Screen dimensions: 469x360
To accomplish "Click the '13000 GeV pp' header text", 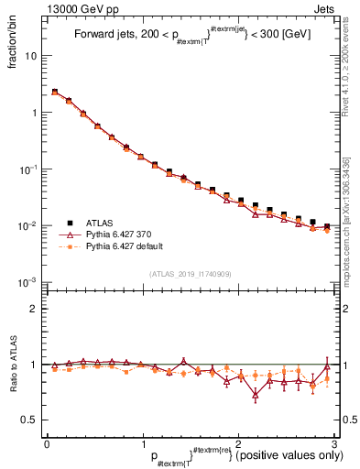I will tap(45, 7).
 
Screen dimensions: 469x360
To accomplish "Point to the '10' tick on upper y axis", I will tap(30, 56).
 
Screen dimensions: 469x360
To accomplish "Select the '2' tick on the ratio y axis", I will tap(35, 309).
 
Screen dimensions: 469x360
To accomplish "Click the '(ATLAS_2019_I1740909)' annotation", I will tap(191, 274).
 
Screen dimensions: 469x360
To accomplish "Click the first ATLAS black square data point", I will tap(54, 92).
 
